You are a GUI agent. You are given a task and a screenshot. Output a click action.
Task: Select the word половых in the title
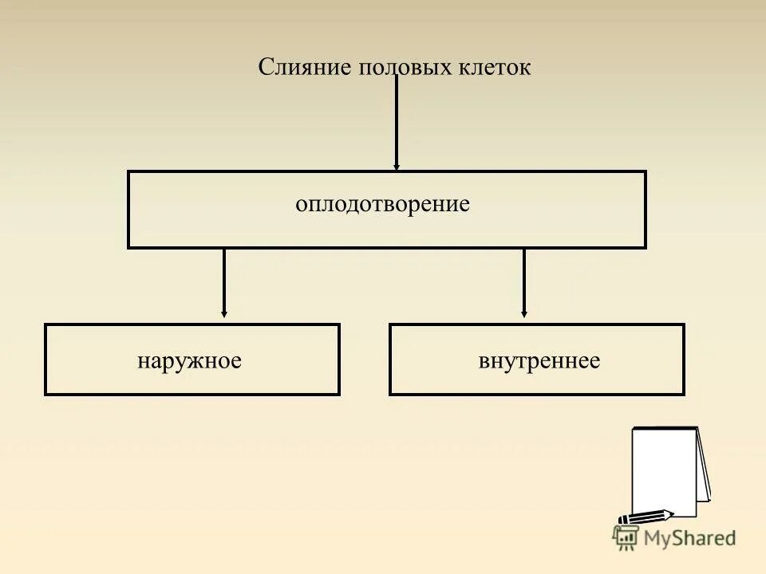click(x=395, y=68)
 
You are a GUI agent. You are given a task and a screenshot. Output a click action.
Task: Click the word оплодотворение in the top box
click(x=382, y=204)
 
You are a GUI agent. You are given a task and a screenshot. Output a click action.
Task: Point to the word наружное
click(x=189, y=360)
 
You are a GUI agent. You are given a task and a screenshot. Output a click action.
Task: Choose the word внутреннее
click(x=539, y=360)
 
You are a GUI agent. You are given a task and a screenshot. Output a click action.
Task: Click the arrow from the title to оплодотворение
click(x=397, y=120)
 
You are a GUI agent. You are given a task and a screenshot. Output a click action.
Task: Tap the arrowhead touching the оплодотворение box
click(x=397, y=166)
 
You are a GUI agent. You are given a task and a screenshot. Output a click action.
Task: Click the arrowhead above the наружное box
click(x=224, y=313)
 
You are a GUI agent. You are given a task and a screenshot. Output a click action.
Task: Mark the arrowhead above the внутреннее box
click(x=524, y=313)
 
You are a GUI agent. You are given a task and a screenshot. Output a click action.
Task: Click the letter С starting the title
click(x=265, y=68)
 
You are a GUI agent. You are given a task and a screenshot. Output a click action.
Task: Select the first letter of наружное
click(x=142, y=361)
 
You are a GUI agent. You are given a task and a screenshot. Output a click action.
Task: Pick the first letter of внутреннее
click(x=484, y=361)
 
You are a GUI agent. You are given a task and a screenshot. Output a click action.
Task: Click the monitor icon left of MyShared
click(x=623, y=537)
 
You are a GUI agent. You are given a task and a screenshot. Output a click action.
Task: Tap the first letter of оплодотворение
click(x=300, y=205)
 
